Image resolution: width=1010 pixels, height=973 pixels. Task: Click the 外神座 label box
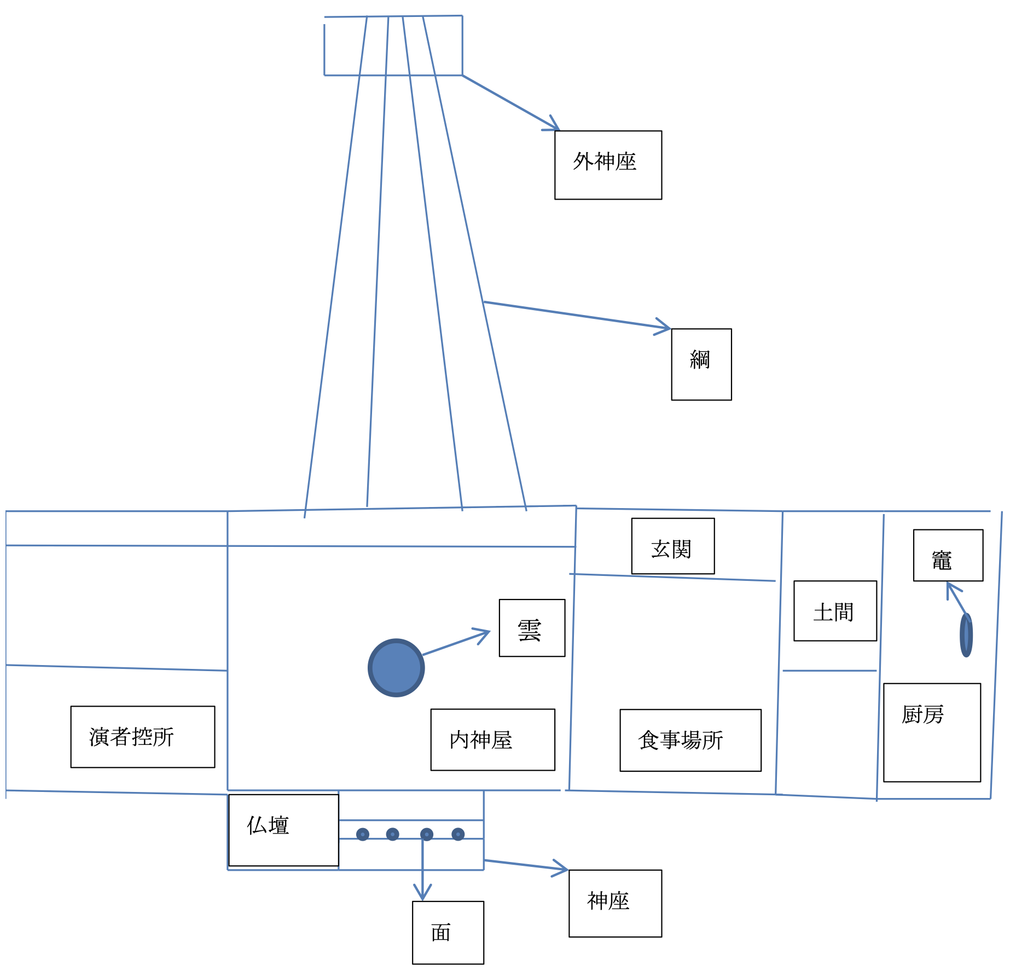pos(608,165)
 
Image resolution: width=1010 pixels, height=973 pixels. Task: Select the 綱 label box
pos(701,364)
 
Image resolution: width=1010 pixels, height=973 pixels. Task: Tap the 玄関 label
pos(672,546)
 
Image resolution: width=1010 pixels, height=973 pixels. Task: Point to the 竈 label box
pos(948,555)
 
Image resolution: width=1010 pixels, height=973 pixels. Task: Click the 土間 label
pos(835,611)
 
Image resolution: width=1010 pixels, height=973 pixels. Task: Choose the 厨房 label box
pos(932,732)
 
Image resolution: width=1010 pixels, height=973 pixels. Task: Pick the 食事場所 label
pos(690,740)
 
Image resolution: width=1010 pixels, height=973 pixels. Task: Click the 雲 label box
pos(532,628)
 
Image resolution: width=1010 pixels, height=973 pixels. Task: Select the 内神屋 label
pos(492,740)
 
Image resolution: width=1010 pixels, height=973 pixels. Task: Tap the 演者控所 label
pos(142,737)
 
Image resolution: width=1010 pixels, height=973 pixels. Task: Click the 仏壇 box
pos(283,830)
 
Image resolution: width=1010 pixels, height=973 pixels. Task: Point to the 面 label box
pos(448,933)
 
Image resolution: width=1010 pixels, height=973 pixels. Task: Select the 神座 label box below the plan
pos(615,903)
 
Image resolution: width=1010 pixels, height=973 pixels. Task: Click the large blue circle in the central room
pos(396,667)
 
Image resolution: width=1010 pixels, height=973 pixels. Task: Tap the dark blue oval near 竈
pos(966,635)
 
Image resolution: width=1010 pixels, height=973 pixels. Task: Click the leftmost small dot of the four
pos(363,834)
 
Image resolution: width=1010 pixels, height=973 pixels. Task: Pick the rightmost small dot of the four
pos(458,834)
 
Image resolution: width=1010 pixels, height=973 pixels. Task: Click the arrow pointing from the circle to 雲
pos(455,643)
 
